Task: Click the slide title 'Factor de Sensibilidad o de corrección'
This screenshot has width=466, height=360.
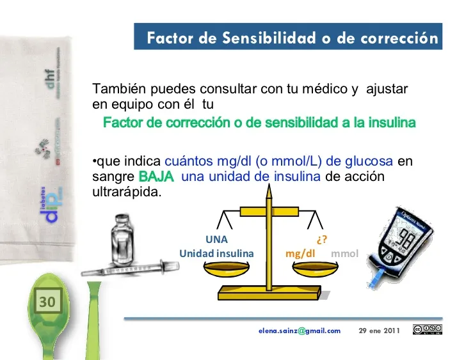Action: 292,38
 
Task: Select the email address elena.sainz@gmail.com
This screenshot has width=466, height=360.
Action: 300,331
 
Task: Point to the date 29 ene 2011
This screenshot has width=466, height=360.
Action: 380,331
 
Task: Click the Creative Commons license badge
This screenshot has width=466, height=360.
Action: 428,330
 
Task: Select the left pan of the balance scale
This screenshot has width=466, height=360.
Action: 227,269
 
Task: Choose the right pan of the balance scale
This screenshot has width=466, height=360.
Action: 314,269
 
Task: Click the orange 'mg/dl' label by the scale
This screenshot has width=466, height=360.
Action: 303,253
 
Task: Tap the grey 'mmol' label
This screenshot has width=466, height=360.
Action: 344,253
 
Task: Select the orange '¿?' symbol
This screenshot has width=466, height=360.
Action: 322,240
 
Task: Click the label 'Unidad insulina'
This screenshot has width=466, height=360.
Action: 216,253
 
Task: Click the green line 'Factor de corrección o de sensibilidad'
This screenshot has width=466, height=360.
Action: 259,122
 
